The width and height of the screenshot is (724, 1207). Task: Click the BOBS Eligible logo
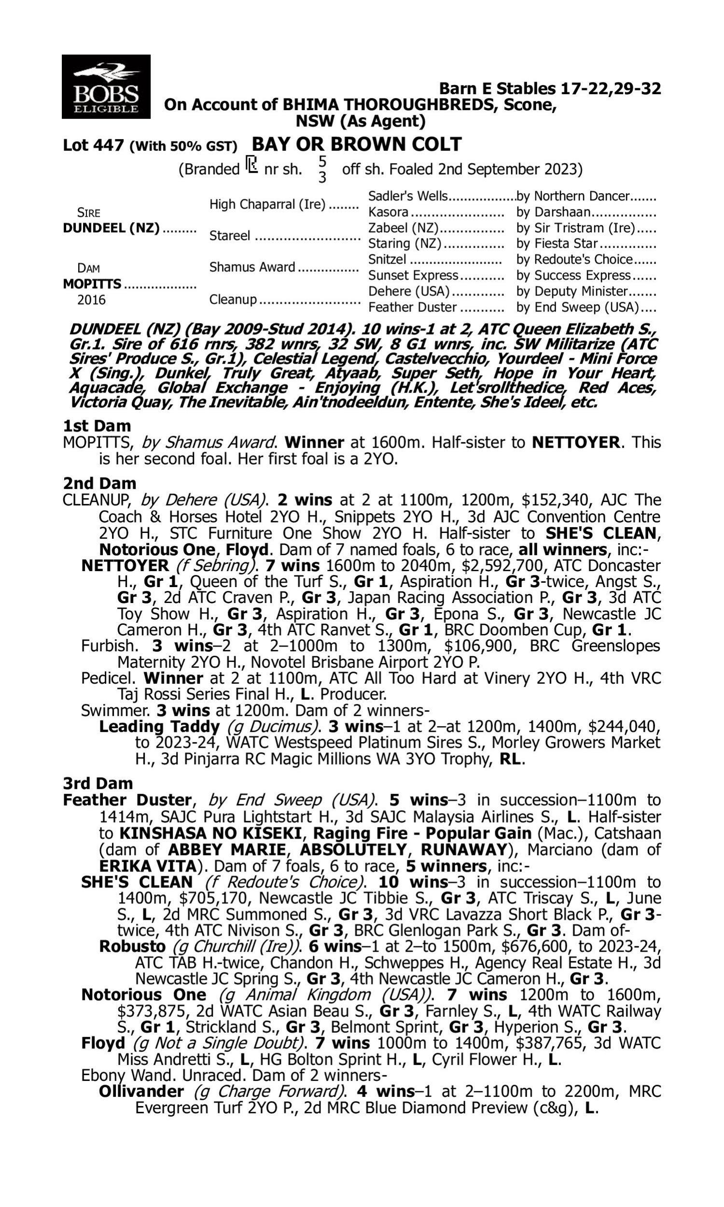(x=106, y=87)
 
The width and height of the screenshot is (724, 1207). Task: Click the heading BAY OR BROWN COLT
(x=356, y=144)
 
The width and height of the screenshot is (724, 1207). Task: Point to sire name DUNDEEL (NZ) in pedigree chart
(x=111, y=228)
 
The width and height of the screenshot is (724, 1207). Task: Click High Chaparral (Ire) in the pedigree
(x=267, y=204)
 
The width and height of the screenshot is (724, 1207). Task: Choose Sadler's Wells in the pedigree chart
(x=407, y=196)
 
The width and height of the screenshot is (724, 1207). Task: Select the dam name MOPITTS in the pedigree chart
(x=92, y=284)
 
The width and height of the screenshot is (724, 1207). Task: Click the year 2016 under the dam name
(x=91, y=299)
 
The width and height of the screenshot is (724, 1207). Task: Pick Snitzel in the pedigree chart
(x=387, y=260)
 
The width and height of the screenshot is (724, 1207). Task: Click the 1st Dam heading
(x=97, y=426)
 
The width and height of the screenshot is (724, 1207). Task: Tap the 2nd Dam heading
(x=99, y=483)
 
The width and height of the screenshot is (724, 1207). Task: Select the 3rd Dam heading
(x=97, y=784)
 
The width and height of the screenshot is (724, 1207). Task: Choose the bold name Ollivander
(x=141, y=1092)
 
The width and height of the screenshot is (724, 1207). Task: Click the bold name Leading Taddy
(x=159, y=727)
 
